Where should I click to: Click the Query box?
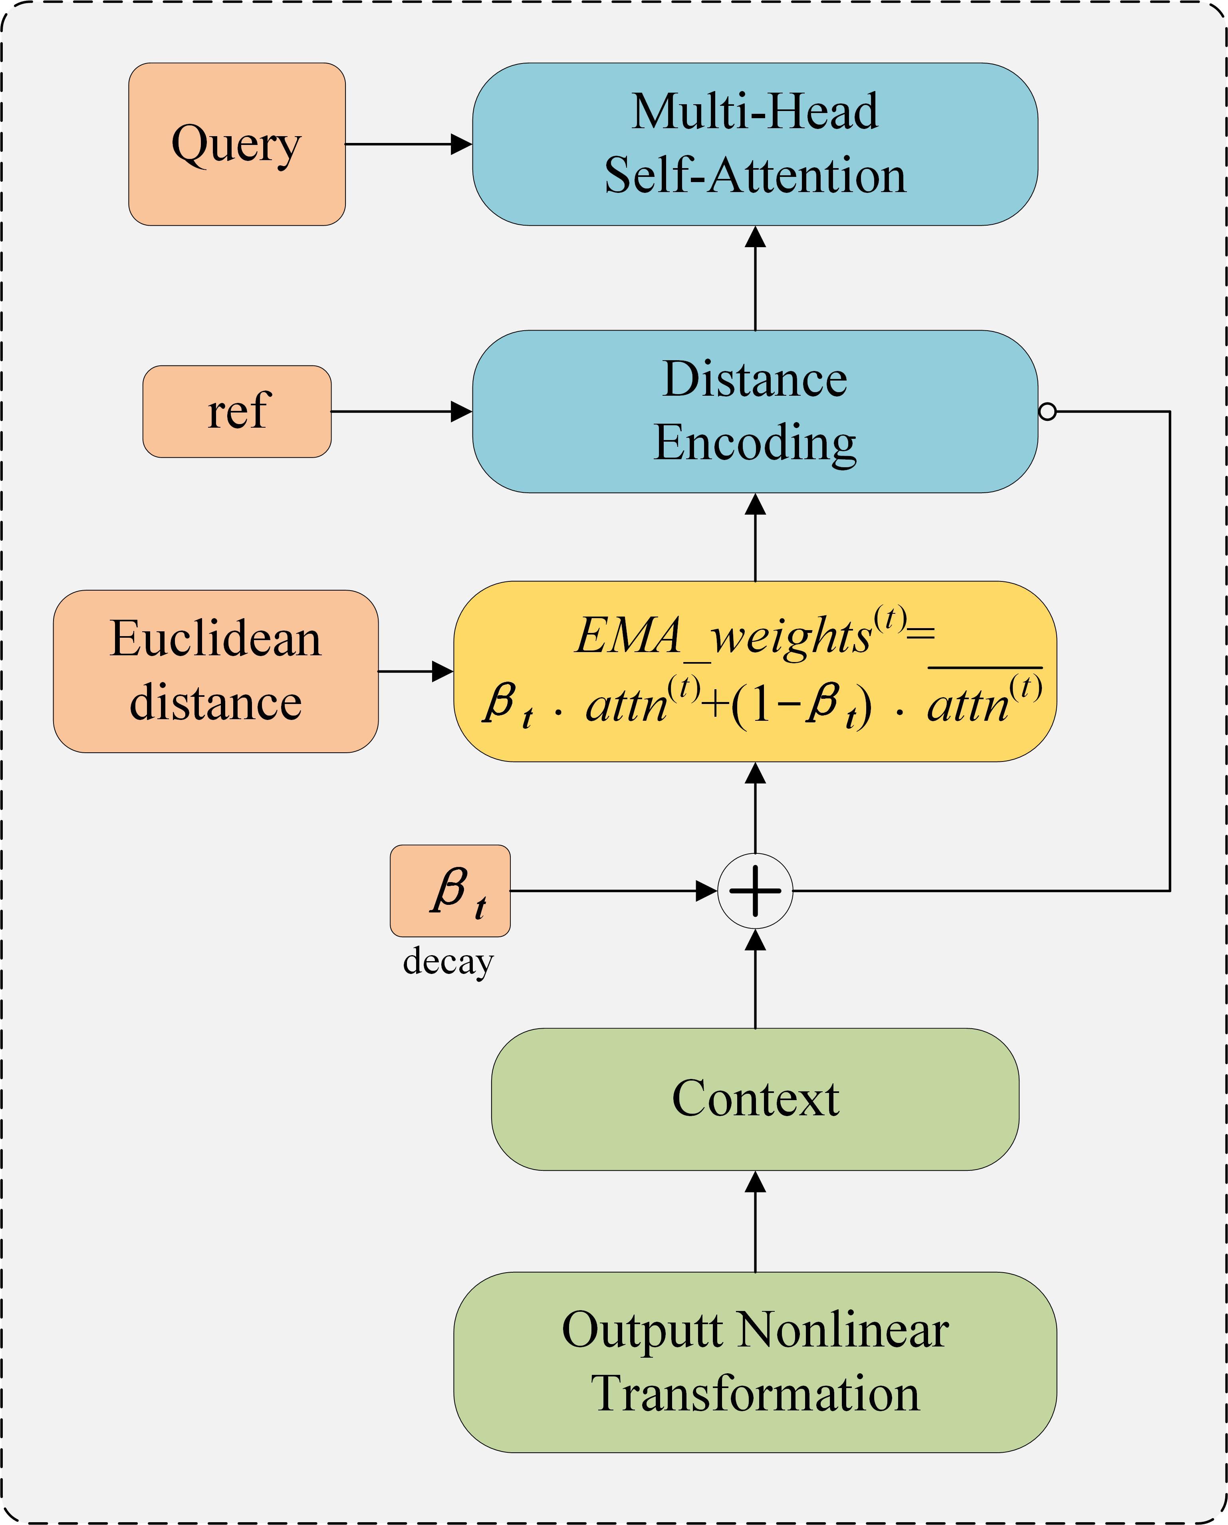tap(236, 144)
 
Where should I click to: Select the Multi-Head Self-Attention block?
tap(755, 144)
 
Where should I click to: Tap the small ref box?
tap(236, 412)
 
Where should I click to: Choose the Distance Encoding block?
tap(755, 412)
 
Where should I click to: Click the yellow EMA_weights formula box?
tap(755, 671)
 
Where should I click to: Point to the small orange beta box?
tap(450, 890)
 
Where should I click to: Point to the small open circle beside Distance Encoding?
tap(1047, 412)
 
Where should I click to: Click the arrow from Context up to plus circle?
tap(756, 979)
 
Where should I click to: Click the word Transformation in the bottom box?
tap(755, 1394)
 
